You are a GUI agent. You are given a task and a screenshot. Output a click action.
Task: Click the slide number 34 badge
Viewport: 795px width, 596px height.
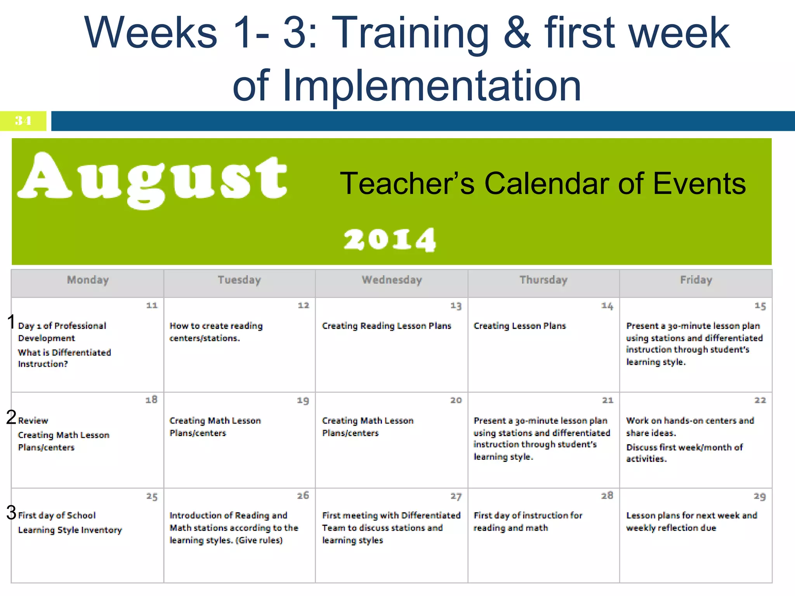point(23,121)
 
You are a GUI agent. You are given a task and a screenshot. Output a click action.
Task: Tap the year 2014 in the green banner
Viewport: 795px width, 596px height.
point(389,239)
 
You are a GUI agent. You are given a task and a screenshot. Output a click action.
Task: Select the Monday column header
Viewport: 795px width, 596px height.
point(88,280)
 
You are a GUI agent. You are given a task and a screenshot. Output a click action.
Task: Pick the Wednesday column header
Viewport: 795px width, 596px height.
point(392,280)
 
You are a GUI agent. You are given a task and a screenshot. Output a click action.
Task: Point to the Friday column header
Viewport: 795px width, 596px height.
point(696,280)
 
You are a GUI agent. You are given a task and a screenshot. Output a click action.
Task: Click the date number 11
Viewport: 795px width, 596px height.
point(152,306)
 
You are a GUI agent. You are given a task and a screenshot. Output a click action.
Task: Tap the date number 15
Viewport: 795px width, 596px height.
point(760,306)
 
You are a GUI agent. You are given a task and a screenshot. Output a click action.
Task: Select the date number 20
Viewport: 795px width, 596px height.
point(456,400)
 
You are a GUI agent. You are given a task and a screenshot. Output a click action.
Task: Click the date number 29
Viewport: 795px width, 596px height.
point(759,496)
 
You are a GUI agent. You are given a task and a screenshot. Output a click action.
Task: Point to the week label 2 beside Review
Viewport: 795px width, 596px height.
point(11,418)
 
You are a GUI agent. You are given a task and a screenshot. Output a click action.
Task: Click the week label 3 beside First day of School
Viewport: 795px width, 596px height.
point(11,513)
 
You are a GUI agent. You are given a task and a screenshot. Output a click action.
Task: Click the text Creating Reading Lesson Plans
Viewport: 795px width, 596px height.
point(386,326)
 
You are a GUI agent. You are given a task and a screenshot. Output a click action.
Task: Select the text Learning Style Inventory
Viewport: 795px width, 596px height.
point(70,530)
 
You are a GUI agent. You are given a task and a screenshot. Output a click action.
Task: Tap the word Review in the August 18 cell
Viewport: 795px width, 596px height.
point(33,421)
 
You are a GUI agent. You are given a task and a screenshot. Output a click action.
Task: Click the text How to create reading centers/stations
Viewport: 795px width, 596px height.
point(216,332)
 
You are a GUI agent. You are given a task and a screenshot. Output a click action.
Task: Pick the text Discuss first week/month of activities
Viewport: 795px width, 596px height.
point(684,453)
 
